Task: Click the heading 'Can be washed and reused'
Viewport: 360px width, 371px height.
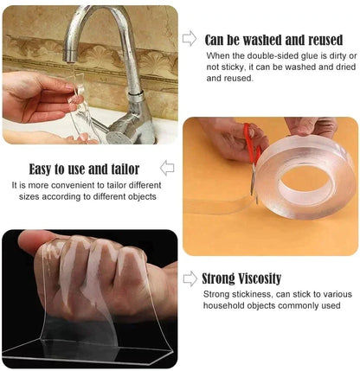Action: coord(273,40)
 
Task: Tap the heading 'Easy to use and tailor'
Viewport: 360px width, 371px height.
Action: coord(84,169)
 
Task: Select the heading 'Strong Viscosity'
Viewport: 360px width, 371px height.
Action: coord(241,278)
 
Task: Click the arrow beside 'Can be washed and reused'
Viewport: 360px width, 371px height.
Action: coord(190,38)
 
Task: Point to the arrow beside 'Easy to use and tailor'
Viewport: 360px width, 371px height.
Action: coord(167,168)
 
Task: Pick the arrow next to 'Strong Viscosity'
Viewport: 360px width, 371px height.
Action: coord(190,278)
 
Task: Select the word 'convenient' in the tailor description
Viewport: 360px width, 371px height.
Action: coord(74,185)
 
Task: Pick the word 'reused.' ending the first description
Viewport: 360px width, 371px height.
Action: coord(240,78)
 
